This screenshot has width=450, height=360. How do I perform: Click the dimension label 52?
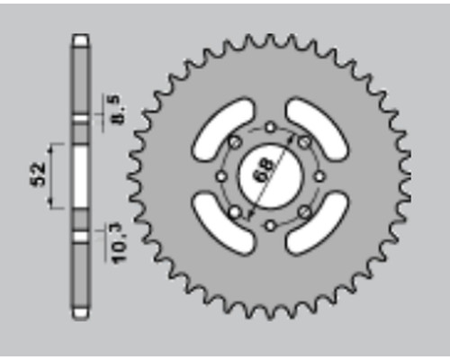39,174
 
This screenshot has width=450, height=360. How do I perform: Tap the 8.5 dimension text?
118,110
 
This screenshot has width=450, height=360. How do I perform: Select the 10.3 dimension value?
119,244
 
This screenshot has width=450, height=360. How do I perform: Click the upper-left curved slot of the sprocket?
223,130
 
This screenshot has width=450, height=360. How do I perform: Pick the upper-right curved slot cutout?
317,130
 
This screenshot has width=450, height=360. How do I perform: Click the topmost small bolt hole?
270,128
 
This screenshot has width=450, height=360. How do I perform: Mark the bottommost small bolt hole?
270,225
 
